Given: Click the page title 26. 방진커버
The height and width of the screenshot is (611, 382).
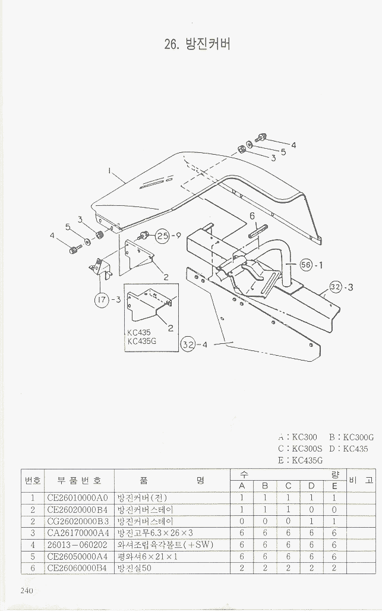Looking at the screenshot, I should [x=196, y=43].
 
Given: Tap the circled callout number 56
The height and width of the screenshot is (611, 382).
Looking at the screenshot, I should [x=306, y=265].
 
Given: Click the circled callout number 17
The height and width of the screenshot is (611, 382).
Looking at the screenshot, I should [x=102, y=300].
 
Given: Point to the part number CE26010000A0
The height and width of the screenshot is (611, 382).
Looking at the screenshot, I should [x=77, y=497].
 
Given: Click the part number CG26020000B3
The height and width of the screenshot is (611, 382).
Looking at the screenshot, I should [x=77, y=521].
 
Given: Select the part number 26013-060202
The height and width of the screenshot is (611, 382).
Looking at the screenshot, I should [x=77, y=545].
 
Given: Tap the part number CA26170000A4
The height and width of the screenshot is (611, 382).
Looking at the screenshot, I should [x=77, y=533].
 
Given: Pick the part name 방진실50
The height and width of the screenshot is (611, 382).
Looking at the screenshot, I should [x=134, y=568].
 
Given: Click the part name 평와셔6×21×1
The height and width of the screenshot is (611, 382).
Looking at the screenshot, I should [x=147, y=557].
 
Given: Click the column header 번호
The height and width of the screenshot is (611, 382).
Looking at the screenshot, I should [x=32, y=480].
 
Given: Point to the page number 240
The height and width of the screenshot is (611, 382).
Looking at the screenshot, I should [x=26, y=590].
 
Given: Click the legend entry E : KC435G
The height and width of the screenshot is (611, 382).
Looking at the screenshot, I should [x=300, y=460].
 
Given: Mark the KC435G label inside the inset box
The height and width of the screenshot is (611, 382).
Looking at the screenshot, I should [x=141, y=341].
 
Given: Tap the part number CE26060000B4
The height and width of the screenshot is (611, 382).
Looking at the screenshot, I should [x=77, y=568].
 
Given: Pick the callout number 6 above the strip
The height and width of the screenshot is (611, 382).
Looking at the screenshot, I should [x=252, y=216].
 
